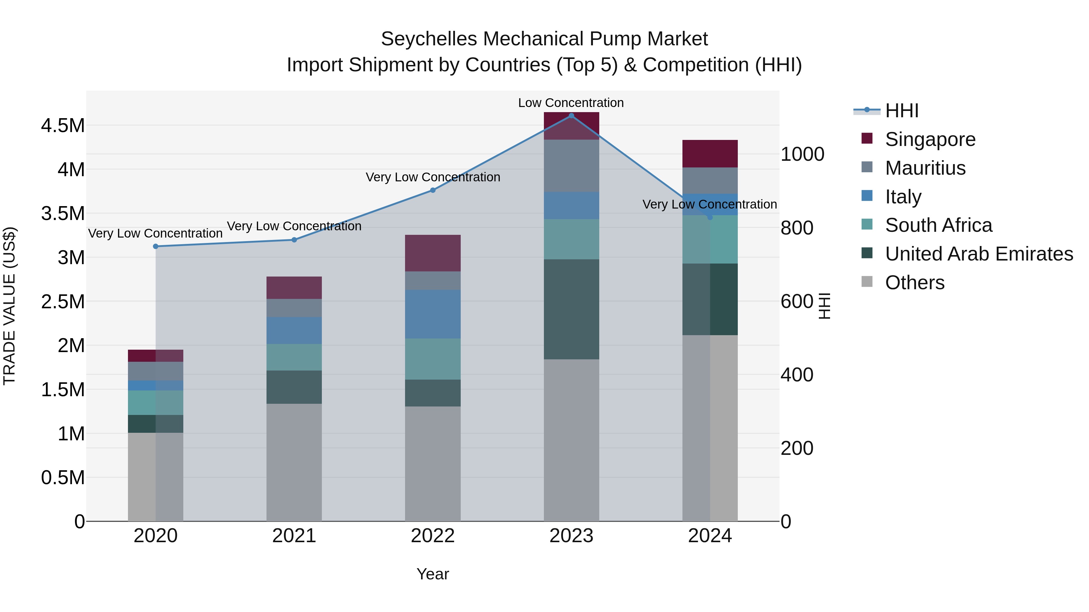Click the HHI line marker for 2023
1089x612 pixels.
click(x=571, y=116)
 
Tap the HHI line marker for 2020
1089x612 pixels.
click(x=155, y=246)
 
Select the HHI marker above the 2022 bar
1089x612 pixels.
click(x=433, y=190)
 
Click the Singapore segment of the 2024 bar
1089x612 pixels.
click(x=710, y=154)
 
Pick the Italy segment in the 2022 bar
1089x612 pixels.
click(x=433, y=314)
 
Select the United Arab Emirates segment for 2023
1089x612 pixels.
click(x=571, y=309)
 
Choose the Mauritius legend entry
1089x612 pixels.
click(x=925, y=168)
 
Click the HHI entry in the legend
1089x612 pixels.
click(x=901, y=111)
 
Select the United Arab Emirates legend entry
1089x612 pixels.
click(x=979, y=254)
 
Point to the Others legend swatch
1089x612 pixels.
click(x=867, y=282)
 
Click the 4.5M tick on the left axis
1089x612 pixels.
click(x=63, y=126)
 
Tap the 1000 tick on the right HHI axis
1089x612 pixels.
click(x=802, y=154)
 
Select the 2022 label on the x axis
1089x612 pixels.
click(x=433, y=536)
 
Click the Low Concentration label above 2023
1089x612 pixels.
click(x=571, y=103)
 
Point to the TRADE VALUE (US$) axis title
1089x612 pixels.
click(x=9, y=306)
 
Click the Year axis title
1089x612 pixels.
click(x=433, y=574)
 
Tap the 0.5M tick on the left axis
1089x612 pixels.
click(x=63, y=478)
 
